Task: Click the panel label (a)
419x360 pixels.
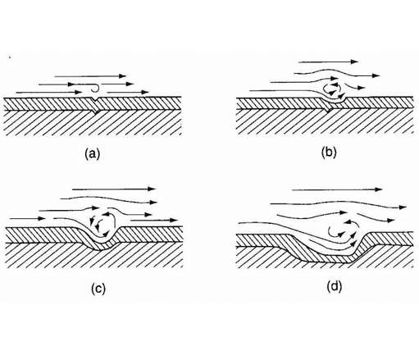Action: click(x=93, y=153)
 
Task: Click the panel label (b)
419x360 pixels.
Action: click(x=329, y=153)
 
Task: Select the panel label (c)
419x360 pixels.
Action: click(x=98, y=289)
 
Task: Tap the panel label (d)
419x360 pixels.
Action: click(x=335, y=286)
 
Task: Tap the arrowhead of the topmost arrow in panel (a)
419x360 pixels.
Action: click(x=122, y=76)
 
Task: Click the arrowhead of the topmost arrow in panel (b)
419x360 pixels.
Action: click(x=354, y=62)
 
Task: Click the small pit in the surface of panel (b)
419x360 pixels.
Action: click(x=333, y=101)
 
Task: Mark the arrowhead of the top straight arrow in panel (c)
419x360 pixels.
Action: click(x=152, y=189)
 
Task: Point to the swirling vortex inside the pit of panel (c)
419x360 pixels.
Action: click(x=102, y=224)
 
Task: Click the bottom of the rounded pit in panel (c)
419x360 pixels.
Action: click(x=102, y=243)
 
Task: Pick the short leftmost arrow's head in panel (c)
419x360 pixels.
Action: click(x=42, y=218)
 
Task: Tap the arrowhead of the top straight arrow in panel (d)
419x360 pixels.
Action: click(x=378, y=189)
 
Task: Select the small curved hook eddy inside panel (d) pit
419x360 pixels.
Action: click(x=335, y=232)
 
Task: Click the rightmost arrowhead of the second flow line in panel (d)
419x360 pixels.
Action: click(x=403, y=207)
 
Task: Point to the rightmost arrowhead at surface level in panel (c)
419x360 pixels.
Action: click(x=173, y=220)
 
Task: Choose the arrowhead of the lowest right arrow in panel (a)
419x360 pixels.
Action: click(x=145, y=92)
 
